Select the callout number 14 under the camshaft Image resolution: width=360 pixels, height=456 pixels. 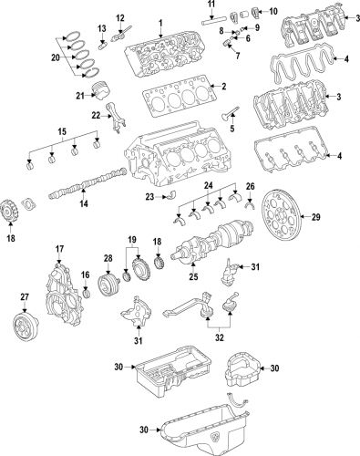click(x=83, y=205)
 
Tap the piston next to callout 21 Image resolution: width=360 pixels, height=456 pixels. click(x=113, y=95)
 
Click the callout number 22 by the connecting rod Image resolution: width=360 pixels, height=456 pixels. click(x=97, y=115)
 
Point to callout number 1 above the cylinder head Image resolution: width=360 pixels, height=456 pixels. click(x=160, y=21)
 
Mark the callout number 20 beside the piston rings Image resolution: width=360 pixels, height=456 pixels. click(x=57, y=57)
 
